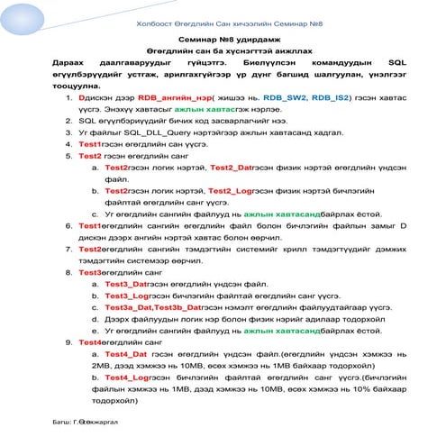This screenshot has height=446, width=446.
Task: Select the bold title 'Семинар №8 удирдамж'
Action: pos(223,42)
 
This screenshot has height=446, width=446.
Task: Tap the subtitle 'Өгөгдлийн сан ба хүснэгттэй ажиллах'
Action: pos(223,54)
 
